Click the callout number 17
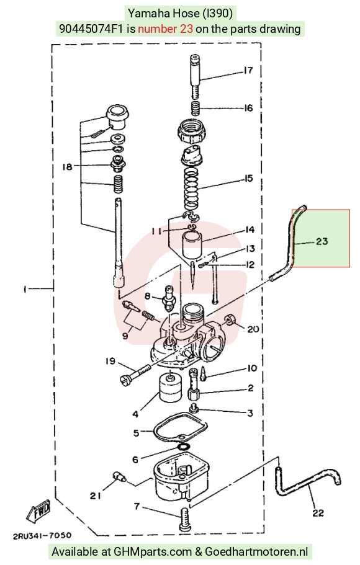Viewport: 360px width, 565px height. tap(248, 70)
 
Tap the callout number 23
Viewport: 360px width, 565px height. tap(322, 241)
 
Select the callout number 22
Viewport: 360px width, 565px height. tap(318, 512)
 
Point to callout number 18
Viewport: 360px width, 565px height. tap(67, 166)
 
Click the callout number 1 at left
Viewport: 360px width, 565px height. tap(25, 289)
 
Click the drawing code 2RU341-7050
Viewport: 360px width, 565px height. tap(42, 536)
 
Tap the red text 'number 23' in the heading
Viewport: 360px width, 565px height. tap(165, 29)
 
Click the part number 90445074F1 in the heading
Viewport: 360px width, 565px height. tap(91, 29)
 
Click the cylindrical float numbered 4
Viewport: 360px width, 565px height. tap(169, 389)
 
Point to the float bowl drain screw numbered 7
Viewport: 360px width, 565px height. tap(184, 519)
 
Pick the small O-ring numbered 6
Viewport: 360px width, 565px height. tap(183, 447)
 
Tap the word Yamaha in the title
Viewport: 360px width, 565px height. tap(144, 14)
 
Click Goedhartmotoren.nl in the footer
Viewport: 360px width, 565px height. tap(256, 551)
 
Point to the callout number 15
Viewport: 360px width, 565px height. tap(249, 178)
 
